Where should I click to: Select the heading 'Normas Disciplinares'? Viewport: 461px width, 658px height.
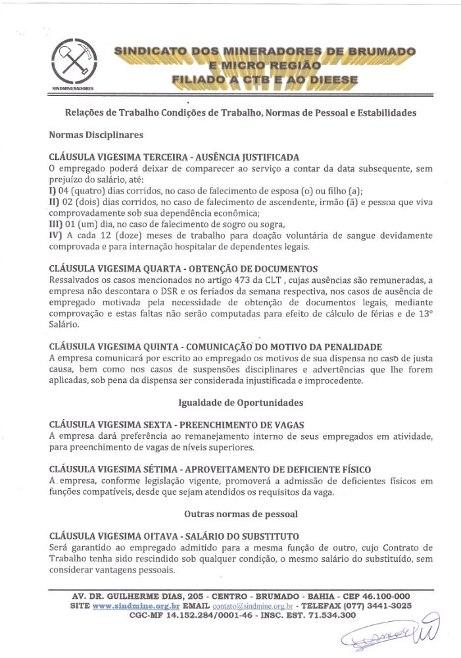(x=95, y=134)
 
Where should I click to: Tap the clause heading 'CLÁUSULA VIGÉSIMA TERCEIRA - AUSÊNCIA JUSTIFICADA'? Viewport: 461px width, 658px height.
(x=174, y=157)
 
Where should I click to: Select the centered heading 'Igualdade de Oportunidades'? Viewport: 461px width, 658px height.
(x=240, y=402)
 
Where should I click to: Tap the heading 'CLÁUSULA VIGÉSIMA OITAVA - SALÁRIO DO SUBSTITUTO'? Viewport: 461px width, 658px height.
(x=174, y=536)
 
